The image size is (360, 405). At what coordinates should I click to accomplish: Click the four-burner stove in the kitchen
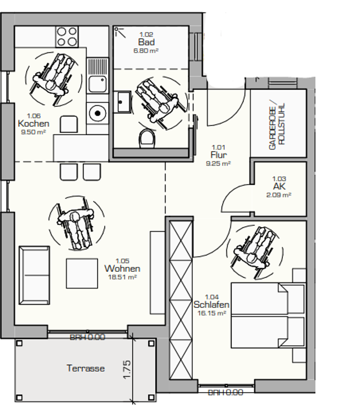click(x=67, y=36)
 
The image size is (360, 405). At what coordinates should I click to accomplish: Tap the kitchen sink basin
click(x=97, y=84)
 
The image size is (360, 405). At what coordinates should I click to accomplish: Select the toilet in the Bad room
click(x=148, y=139)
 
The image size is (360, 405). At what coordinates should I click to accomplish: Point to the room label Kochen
click(x=33, y=123)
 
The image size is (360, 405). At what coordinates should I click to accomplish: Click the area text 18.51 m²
click(x=122, y=277)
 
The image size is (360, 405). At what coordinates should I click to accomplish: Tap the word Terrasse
click(x=86, y=368)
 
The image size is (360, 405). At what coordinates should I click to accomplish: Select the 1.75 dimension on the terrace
click(x=127, y=370)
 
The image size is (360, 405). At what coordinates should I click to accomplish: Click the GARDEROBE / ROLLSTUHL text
click(x=277, y=126)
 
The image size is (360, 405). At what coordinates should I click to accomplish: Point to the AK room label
click(x=279, y=186)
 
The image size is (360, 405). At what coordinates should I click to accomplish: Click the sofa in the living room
click(x=34, y=275)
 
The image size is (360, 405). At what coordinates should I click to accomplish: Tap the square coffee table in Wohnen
click(x=82, y=273)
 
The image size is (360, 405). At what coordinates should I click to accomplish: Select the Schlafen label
click(x=211, y=305)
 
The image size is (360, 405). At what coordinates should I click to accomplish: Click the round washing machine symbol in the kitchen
click(x=97, y=113)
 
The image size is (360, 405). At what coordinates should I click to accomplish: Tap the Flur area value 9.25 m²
click(x=219, y=163)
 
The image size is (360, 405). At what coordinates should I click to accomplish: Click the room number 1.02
click(x=146, y=34)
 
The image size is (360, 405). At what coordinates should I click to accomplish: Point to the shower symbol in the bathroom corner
click(x=119, y=32)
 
